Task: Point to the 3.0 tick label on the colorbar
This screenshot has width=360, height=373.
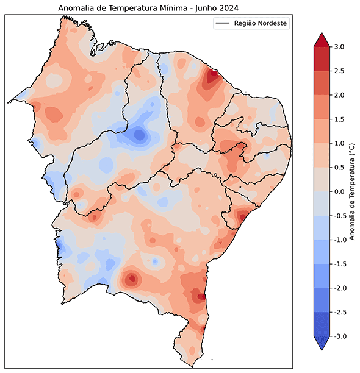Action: point(339,47)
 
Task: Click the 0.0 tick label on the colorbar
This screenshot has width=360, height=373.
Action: point(339,191)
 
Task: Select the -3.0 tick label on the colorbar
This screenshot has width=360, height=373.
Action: point(338,336)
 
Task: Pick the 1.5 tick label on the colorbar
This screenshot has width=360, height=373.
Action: point(339,119)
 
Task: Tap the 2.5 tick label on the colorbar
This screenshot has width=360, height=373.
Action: point(339,71)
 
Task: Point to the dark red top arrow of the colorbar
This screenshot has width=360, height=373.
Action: point(321,40)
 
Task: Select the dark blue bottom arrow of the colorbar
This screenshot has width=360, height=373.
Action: point(321,343)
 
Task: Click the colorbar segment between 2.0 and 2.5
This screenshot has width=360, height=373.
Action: point(321,83)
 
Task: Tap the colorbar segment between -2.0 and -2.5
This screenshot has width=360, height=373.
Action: point(321,299)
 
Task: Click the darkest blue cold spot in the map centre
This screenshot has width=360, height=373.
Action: point(140,135)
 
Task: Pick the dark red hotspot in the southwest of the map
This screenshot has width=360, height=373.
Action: point(131,280)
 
